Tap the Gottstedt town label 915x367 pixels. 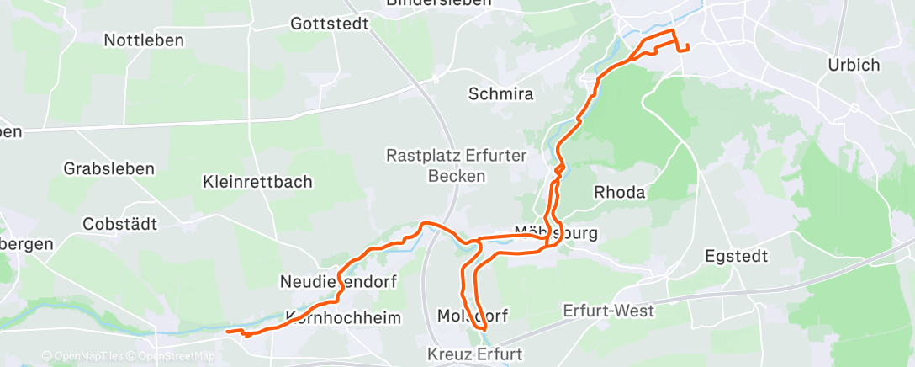tap(330, 24)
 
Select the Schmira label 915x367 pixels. tap(501, 94)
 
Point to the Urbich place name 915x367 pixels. tap(853, 65)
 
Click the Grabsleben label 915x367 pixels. tap(109, 168)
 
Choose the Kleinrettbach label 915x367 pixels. tap(257, 181)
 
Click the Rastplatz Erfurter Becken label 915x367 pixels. tap(457, 166)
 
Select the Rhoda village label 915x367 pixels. tap(620, 192)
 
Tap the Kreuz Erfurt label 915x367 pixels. tap(474, 353)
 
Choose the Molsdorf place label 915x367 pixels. tap(473, 315)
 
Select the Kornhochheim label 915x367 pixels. tap(343, 317)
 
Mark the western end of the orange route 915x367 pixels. tap(227, 332)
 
